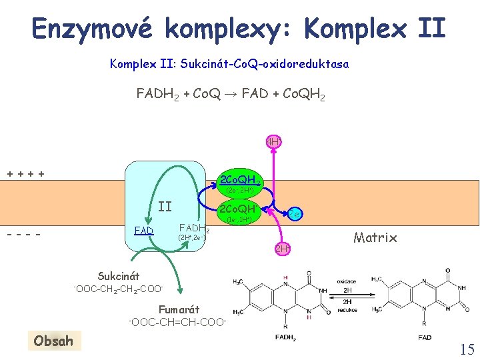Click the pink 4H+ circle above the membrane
(x=273, y=142)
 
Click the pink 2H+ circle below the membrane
(x=283, y=249)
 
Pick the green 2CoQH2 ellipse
(x=240, y=182)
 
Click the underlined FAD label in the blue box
(x=143, y=231)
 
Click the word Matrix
(x=375, y=237)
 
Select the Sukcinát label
(x=119, y=275)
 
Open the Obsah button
(x=55, y=341)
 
